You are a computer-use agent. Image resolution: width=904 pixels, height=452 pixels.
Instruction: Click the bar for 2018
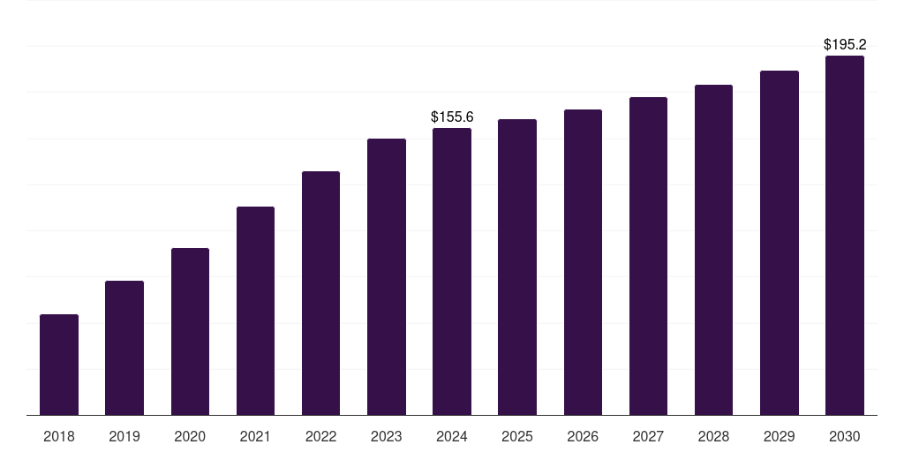pyautogui.click(x=59, y=365)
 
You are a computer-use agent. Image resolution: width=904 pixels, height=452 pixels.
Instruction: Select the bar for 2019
pyautogui.click(x=124, y=348)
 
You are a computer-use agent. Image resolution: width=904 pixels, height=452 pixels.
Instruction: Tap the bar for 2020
pyautogui.click(x=191, y=332)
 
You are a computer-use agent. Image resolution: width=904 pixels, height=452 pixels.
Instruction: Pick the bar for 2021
pyautogui.click(x=255, y=311)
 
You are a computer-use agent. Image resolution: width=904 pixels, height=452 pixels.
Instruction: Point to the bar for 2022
pyautogui.click(x=320, y=293)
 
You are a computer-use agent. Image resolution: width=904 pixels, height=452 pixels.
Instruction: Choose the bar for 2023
pyautogui.click(x=387, y=276)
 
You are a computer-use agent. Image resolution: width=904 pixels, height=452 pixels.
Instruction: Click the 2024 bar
pyautogui.click(x=452, y=272)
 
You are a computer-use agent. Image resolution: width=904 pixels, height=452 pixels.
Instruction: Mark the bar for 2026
pyautogui.click(x=583, y=262)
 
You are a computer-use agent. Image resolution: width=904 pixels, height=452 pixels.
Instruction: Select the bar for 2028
pyautogui.click(x=713, y=250)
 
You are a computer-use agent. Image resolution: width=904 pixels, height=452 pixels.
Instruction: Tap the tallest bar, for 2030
pyautogui.click(x=845, y=235)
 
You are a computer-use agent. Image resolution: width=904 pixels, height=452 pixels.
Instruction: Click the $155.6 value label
pyautogui.click(x=452, y=117)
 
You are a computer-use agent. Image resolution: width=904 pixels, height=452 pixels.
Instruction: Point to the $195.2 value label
pyautogui.click(x=845, y=44)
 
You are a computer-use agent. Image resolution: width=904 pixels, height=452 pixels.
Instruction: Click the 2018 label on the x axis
pyautogui.click(x=59, y=436)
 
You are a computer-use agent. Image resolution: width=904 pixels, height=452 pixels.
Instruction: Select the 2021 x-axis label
pyautogui.click(x=255, y=436)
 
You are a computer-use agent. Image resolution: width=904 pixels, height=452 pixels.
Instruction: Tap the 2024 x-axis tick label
pyautogui.click(x=452, y=436)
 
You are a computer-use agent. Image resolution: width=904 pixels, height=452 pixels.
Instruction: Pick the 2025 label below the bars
pyautogui.click(x=517, y=436)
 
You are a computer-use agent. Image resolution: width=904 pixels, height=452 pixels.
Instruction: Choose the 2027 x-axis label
pyautogui.click(x=648, y=436)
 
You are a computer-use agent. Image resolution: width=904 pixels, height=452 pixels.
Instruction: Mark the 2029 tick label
pyautogui.click(x=780, y=436)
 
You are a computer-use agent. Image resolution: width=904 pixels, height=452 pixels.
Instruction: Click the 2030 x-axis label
pyautogui.click(x=845, y=436)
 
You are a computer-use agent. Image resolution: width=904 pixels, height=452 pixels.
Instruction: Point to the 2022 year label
pyautogui.click(x=320, y=436)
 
